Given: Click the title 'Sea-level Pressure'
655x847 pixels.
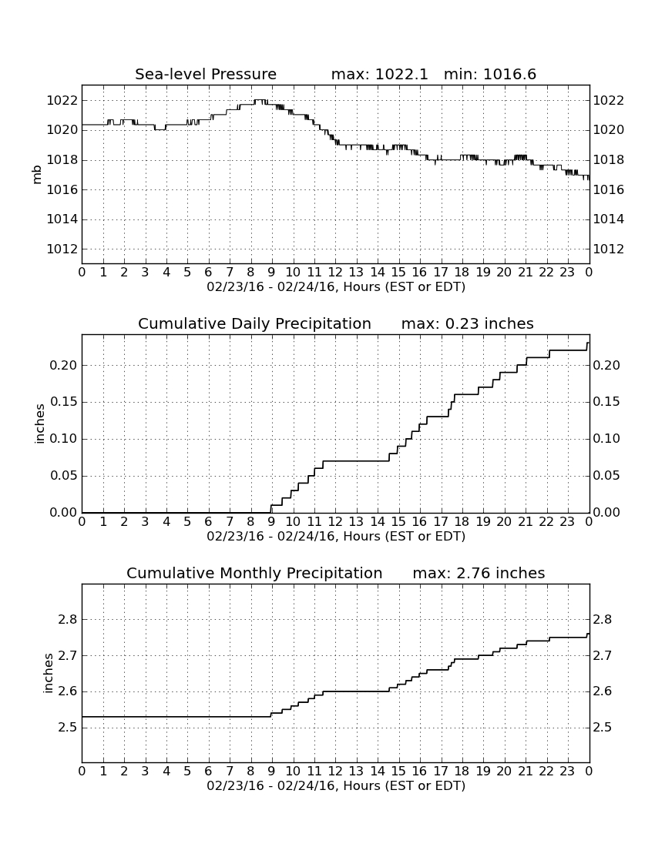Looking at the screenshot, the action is point(206,74).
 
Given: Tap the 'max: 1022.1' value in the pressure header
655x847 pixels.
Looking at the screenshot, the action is point(379,74).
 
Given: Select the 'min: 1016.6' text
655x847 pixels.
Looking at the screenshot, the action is point(489,74).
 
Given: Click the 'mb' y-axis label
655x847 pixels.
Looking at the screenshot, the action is point(37,174).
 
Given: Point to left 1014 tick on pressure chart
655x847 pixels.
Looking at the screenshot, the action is point(62,219).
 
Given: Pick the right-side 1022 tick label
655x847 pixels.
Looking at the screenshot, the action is point(609,100).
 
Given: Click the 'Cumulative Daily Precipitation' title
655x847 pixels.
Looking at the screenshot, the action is point(254,323).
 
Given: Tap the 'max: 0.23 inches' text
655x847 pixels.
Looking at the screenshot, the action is point(468,323).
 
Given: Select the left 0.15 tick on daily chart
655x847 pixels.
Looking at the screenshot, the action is point(63,402).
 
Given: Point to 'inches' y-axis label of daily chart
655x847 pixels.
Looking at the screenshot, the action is point(39,424).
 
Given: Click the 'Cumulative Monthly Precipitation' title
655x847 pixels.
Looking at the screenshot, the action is point(254,573).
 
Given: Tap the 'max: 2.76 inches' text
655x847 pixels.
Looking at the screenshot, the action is point(479,573).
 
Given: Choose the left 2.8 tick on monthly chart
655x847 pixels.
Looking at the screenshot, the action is point(68,619).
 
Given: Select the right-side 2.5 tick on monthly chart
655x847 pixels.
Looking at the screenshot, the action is point(603,727).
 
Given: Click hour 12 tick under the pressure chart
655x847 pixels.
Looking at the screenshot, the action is point(335,273).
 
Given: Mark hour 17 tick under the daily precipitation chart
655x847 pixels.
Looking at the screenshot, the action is point(441,522).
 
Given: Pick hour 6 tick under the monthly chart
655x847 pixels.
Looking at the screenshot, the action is point(209,772).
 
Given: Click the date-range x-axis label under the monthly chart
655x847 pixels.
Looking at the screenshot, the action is point(336,785).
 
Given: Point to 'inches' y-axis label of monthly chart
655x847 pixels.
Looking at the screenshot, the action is point(48,674).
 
